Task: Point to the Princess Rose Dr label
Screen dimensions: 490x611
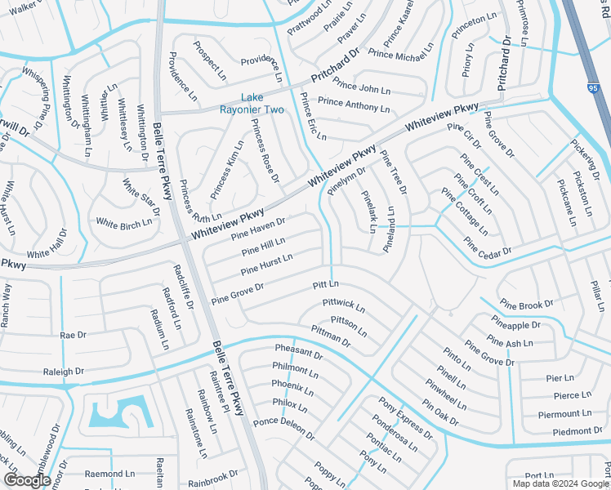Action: pos(265,151)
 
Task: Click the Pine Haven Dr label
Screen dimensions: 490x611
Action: pos(257,228)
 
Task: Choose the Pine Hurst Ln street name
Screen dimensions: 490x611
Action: pos(267,265)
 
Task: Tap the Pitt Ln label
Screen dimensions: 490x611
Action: pos(325,285)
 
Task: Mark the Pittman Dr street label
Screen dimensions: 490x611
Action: pos(331,336)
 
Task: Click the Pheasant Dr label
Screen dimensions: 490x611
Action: pos(298,353)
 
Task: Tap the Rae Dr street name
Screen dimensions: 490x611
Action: pos(74,335)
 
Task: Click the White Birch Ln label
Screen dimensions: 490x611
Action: pos(123,222)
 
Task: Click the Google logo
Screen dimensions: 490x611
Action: pos(27,480)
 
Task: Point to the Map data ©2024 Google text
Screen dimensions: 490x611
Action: pos(560,483)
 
